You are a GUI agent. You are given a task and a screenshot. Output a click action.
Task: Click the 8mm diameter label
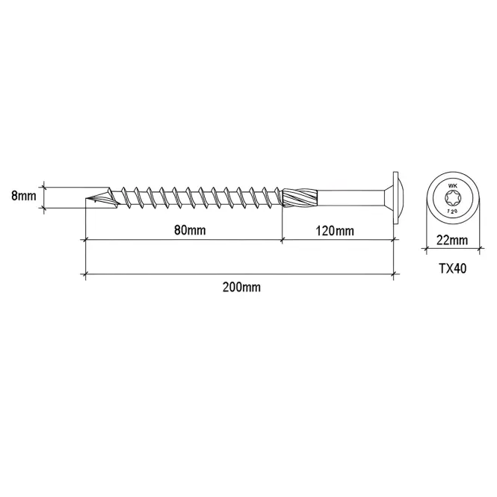(x=24, y=196)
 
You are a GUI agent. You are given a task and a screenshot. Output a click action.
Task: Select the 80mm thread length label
(x=190, y=229)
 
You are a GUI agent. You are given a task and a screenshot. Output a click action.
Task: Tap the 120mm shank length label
(x=335, y=231)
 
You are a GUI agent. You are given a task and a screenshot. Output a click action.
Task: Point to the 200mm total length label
(x=241, y=287)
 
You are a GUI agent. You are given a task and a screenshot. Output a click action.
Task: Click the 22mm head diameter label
(x=452, y=240)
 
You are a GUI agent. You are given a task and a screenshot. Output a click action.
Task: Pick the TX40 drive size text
(x=453, y=269)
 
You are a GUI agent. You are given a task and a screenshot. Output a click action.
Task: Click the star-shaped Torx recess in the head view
(x=452, y=198)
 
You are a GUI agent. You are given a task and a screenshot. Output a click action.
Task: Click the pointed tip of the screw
(x=86, y=200)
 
